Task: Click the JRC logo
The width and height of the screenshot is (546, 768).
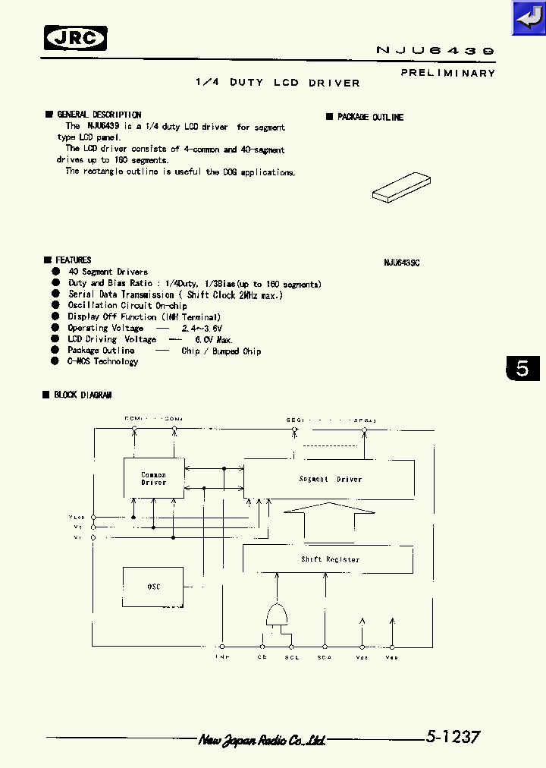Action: tap(76, 38)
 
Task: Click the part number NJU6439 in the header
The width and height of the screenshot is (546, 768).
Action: tap(435, 50)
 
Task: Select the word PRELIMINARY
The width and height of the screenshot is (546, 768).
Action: tap(447, 73)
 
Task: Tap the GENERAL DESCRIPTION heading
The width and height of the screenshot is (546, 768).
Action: tap(99, 115)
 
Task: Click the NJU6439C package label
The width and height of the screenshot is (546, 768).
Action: tap(401, 262)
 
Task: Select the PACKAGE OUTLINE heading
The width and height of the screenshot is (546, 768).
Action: tap(370, 118)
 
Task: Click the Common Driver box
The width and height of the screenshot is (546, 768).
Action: tap(154, 478)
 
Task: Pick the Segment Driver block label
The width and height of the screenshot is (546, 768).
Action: tap(330, 479)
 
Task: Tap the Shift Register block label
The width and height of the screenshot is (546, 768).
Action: tap(330, 559)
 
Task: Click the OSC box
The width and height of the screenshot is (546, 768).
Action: tap(153, 587)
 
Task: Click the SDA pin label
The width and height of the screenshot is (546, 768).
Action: tap(325, 657)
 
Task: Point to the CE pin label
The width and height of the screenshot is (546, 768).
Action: tap(262, 657)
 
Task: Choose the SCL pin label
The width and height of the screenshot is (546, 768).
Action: tap(292, 657)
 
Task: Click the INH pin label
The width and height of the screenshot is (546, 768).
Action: tap(222, 657)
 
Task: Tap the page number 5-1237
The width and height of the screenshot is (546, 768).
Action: tap(452, 737)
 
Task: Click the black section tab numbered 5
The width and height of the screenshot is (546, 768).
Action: tap(522, 369)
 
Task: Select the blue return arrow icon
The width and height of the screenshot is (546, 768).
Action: tap(528, 17)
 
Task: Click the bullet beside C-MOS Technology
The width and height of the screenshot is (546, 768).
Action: tap(55, 362)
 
